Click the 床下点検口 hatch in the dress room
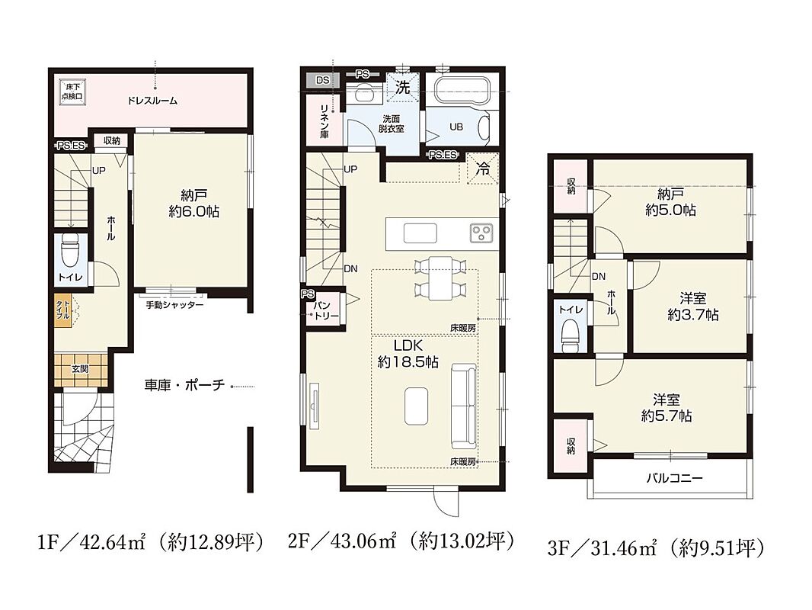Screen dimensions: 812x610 click(72, 91)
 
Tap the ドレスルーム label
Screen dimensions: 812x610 click(152, 101)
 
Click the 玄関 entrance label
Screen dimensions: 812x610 click(80, 369)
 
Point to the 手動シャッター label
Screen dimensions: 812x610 click(174, 305)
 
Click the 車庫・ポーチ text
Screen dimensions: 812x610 click(185, 385)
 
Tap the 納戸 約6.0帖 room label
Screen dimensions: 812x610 click(193, 203)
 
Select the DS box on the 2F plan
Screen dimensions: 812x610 click(323, 80)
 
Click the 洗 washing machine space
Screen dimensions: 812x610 click(402, 87)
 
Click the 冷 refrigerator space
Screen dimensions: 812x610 click(482, 169)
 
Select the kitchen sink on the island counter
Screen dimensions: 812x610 click(420, 233)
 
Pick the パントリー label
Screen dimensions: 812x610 click(324, 310)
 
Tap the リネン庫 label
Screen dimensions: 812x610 click(324, 121)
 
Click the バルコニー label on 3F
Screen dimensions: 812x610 click(674, 477)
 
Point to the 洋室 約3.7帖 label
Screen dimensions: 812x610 click(692, 307)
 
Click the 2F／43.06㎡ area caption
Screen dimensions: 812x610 click(401, 542)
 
